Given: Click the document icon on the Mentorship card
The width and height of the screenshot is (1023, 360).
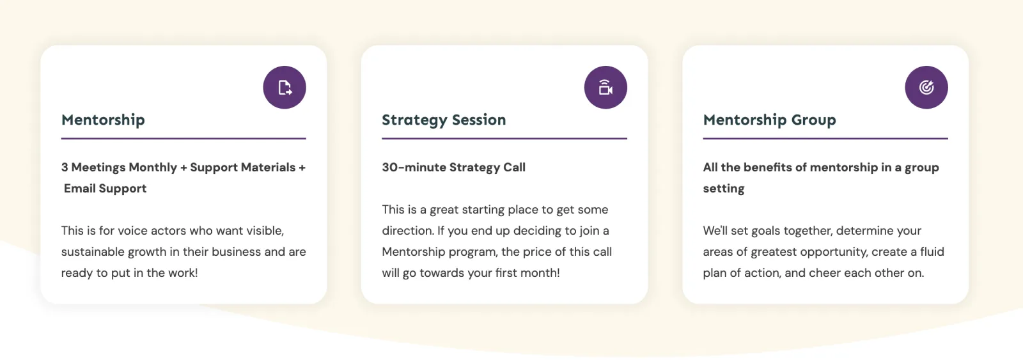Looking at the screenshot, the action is pos(285,87).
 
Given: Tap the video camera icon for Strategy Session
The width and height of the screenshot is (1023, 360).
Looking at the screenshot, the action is pos(605,87).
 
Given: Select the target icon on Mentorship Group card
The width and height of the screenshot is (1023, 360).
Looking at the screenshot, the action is pos(926,87).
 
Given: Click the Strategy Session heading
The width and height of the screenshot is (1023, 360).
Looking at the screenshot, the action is pos(444,120).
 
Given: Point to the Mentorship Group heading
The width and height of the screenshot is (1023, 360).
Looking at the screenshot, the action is pos(770,120).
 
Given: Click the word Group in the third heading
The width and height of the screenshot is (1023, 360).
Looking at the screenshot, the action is pos(814,120).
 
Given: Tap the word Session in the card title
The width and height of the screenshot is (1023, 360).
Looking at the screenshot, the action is pos(479,120).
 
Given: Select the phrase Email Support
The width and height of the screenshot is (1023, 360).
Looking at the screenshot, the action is pos(105,188).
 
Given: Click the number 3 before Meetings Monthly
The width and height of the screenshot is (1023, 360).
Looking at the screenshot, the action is pos(65,167).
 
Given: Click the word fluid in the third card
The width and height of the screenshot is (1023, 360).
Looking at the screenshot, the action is pos(932,252).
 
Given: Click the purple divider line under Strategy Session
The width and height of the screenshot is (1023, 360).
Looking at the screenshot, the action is pos(504,138).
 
